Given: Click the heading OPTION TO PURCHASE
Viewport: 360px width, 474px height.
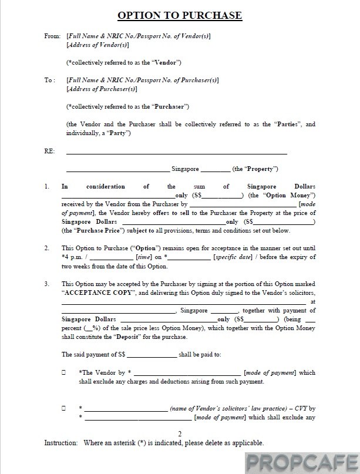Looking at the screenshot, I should coord(180,15).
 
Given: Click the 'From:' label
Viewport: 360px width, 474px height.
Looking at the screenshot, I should coord(52,36).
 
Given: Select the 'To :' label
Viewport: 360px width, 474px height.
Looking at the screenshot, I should coord(51,80).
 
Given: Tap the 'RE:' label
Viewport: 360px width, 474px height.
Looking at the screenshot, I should coord(49,152).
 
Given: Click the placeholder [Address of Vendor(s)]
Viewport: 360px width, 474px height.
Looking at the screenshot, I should coord(98,45).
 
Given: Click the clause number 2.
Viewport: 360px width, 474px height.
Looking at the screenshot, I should coord(46,248).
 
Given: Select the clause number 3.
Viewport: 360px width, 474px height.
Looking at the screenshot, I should coord(46,283).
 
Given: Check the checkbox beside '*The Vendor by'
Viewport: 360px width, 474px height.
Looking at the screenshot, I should coord(63,372).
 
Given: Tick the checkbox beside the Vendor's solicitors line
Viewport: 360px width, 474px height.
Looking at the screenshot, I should coord(63,408).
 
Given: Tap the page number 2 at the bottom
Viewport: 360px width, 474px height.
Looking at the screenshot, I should coord(180,433).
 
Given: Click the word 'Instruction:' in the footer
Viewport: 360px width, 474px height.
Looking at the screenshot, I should coord(60,442).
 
